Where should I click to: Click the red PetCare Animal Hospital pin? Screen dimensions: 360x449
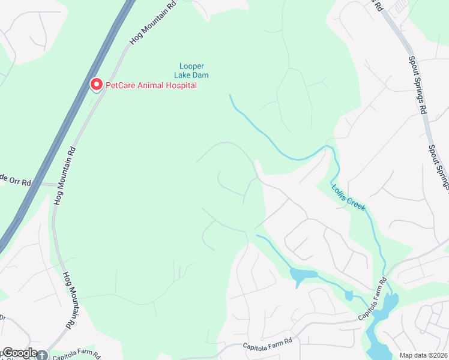pos(96,85)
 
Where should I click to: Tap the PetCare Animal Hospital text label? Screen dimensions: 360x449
pos(151,86)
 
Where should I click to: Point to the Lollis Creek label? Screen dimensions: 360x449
pos(348,196)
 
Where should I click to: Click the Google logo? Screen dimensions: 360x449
pos(20,353)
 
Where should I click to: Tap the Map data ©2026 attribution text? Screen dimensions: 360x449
pos(424,355)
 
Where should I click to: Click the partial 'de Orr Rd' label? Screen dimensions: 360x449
pos(14,179)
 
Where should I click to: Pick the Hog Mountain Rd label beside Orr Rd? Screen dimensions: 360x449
pos(64,176)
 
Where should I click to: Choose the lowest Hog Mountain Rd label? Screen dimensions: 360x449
pos(71,299)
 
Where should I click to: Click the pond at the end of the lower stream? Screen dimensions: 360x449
pos(303,275)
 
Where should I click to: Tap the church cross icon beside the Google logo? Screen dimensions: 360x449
pos(41,355)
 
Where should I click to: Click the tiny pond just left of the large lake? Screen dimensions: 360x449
pos(349,295)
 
